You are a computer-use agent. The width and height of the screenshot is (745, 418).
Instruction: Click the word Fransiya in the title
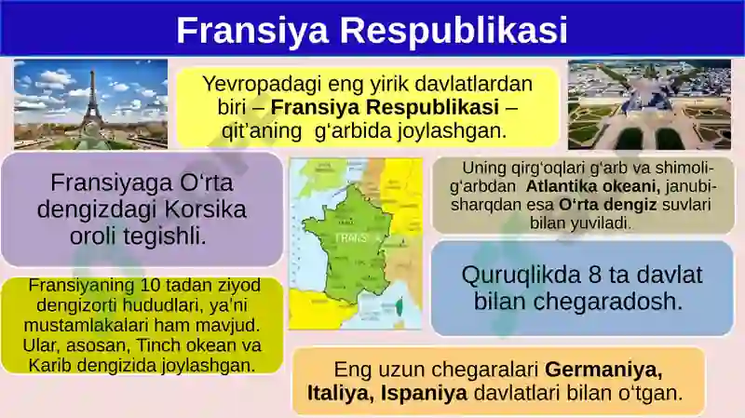pos(252,30)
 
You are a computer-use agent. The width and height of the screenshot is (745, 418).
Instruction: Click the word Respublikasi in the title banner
pos(454,30)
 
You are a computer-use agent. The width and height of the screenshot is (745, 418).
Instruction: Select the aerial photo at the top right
pos(649,104)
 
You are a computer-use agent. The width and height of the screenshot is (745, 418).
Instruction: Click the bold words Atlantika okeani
pos(593,186)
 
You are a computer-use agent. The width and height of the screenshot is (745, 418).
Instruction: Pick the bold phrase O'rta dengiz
pos(608,205)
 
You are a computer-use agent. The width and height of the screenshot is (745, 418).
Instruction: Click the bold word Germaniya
pos(603,370)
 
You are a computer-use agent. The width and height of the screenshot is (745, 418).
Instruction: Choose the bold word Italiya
pos(341,393)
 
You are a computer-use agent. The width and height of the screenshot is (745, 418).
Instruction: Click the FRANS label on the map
pos(352,238)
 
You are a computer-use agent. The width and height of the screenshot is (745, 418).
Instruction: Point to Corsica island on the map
pos(400,305)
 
